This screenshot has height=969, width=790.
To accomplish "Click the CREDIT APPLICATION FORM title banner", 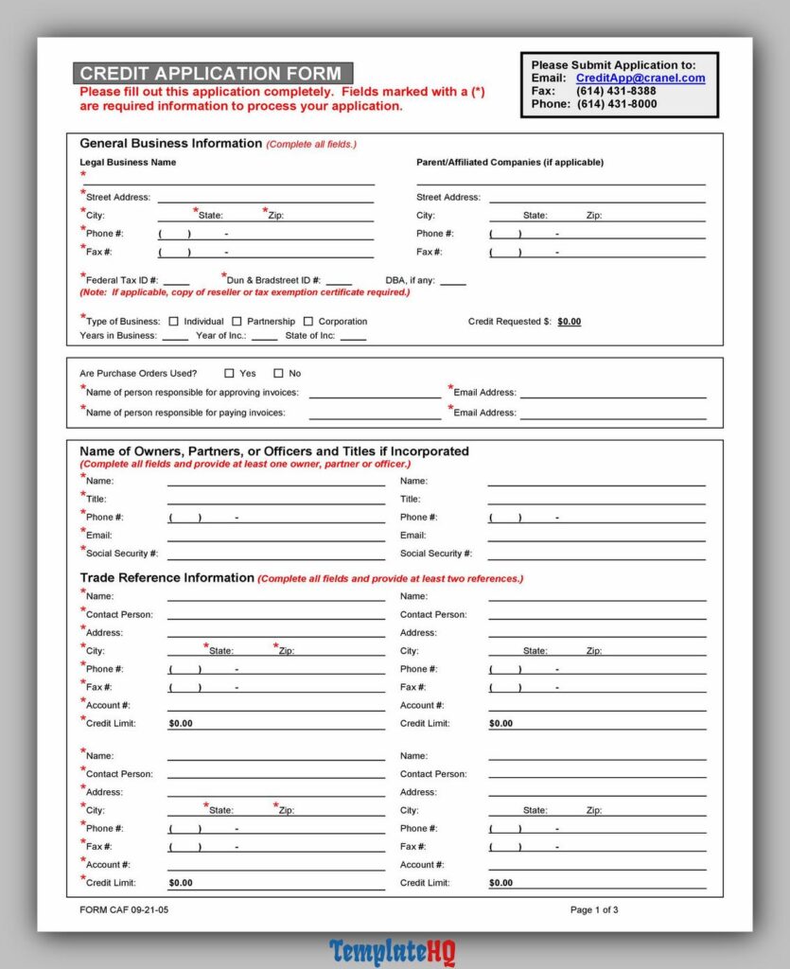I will point(212,74).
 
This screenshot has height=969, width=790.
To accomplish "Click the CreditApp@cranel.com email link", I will point(641,79).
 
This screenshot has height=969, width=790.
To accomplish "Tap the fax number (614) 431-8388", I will point(616,92).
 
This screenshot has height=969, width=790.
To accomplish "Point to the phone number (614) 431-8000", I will point(616,104).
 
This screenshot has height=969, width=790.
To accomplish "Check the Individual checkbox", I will point(173,322).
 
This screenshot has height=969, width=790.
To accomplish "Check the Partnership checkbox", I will point(237,322).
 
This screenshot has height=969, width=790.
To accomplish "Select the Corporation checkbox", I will point(308,322).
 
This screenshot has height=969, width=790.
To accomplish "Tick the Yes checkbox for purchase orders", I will point(229,374).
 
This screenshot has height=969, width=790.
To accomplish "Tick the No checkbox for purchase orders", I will point(278,374).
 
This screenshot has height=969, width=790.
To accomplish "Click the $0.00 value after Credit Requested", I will point(570,322).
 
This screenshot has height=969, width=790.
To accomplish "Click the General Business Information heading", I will point(170,144).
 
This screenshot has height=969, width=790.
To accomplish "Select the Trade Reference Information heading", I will point(167,578).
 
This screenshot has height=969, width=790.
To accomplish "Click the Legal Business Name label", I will point(128,163).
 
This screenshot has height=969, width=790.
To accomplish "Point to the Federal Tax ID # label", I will point(121,281).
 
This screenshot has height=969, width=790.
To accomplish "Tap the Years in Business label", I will point(118,336).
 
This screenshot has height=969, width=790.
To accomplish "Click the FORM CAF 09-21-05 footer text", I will point(124,910).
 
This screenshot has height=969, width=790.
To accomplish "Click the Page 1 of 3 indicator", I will point(594,910).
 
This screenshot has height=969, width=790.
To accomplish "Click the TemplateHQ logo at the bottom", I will point(393,951).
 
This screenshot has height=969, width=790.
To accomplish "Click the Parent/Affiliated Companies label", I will point(510,163).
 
